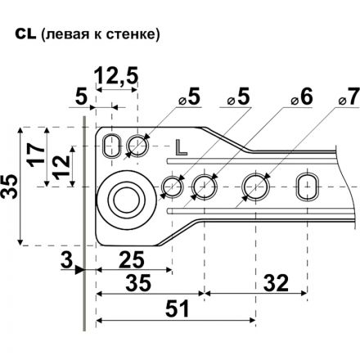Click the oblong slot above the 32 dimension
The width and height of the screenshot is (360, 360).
tap(308, 185)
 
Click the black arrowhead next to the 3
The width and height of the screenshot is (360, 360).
tap(79, 269)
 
